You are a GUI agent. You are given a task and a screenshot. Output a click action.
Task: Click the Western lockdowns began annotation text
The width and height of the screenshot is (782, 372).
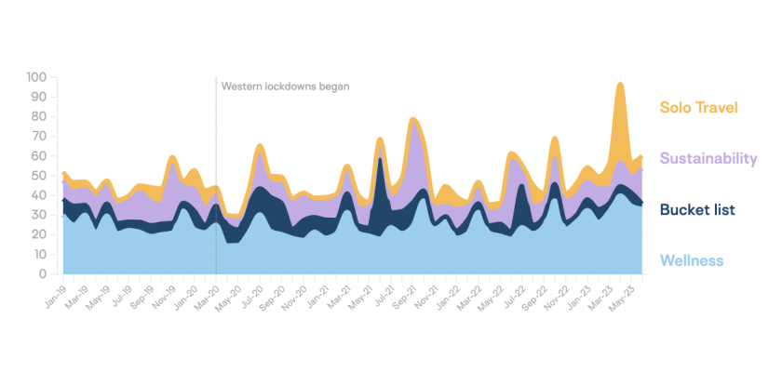coord(285,86)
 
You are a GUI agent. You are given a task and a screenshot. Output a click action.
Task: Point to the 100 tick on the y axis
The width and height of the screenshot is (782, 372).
coord(37,77)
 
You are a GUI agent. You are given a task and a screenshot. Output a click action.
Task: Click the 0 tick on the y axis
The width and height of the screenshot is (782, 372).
coord(44,274)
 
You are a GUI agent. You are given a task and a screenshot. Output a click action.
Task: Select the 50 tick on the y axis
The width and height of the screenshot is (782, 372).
coord(39,176)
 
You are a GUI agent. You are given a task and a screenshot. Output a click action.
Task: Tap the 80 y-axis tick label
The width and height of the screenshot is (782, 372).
coord(39,116)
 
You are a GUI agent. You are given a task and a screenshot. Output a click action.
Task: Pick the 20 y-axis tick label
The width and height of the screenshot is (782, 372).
coord(39,235)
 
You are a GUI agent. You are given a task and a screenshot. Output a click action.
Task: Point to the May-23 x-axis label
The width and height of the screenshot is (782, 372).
coord(626,291)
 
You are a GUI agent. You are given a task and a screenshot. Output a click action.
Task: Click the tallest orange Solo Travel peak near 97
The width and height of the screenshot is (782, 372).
coord(619,86)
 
